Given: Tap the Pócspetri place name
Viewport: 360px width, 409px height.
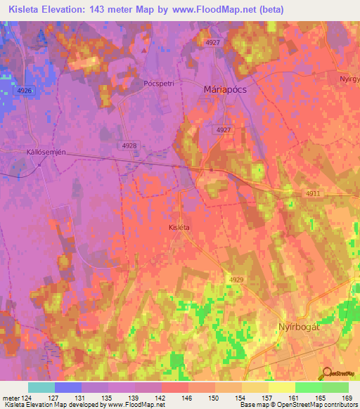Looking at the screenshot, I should coord(158,82).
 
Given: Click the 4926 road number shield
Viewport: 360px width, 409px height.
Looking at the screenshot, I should coord(24,91).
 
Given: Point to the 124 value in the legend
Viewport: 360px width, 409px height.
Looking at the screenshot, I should coord(27,397).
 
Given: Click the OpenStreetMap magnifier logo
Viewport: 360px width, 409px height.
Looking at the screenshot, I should coord(326,372).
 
